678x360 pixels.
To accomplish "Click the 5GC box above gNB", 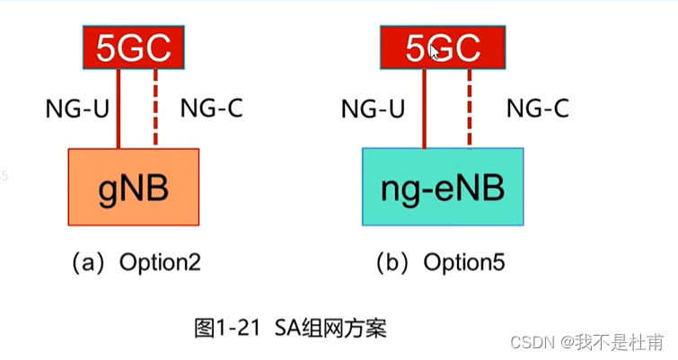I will (x=133, y=46).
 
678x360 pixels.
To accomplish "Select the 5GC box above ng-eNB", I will (x=441, y=47).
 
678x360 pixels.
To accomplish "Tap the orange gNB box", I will (x=133, y=187).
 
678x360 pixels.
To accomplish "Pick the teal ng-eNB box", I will (x=443, y=187).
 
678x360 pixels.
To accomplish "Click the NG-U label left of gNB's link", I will (x=79, y=110).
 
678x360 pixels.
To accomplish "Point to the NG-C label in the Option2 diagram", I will (x=211, y=110).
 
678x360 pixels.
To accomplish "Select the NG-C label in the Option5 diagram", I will (x=537, y=110).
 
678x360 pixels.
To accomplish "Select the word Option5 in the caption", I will (x=464, y=263).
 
